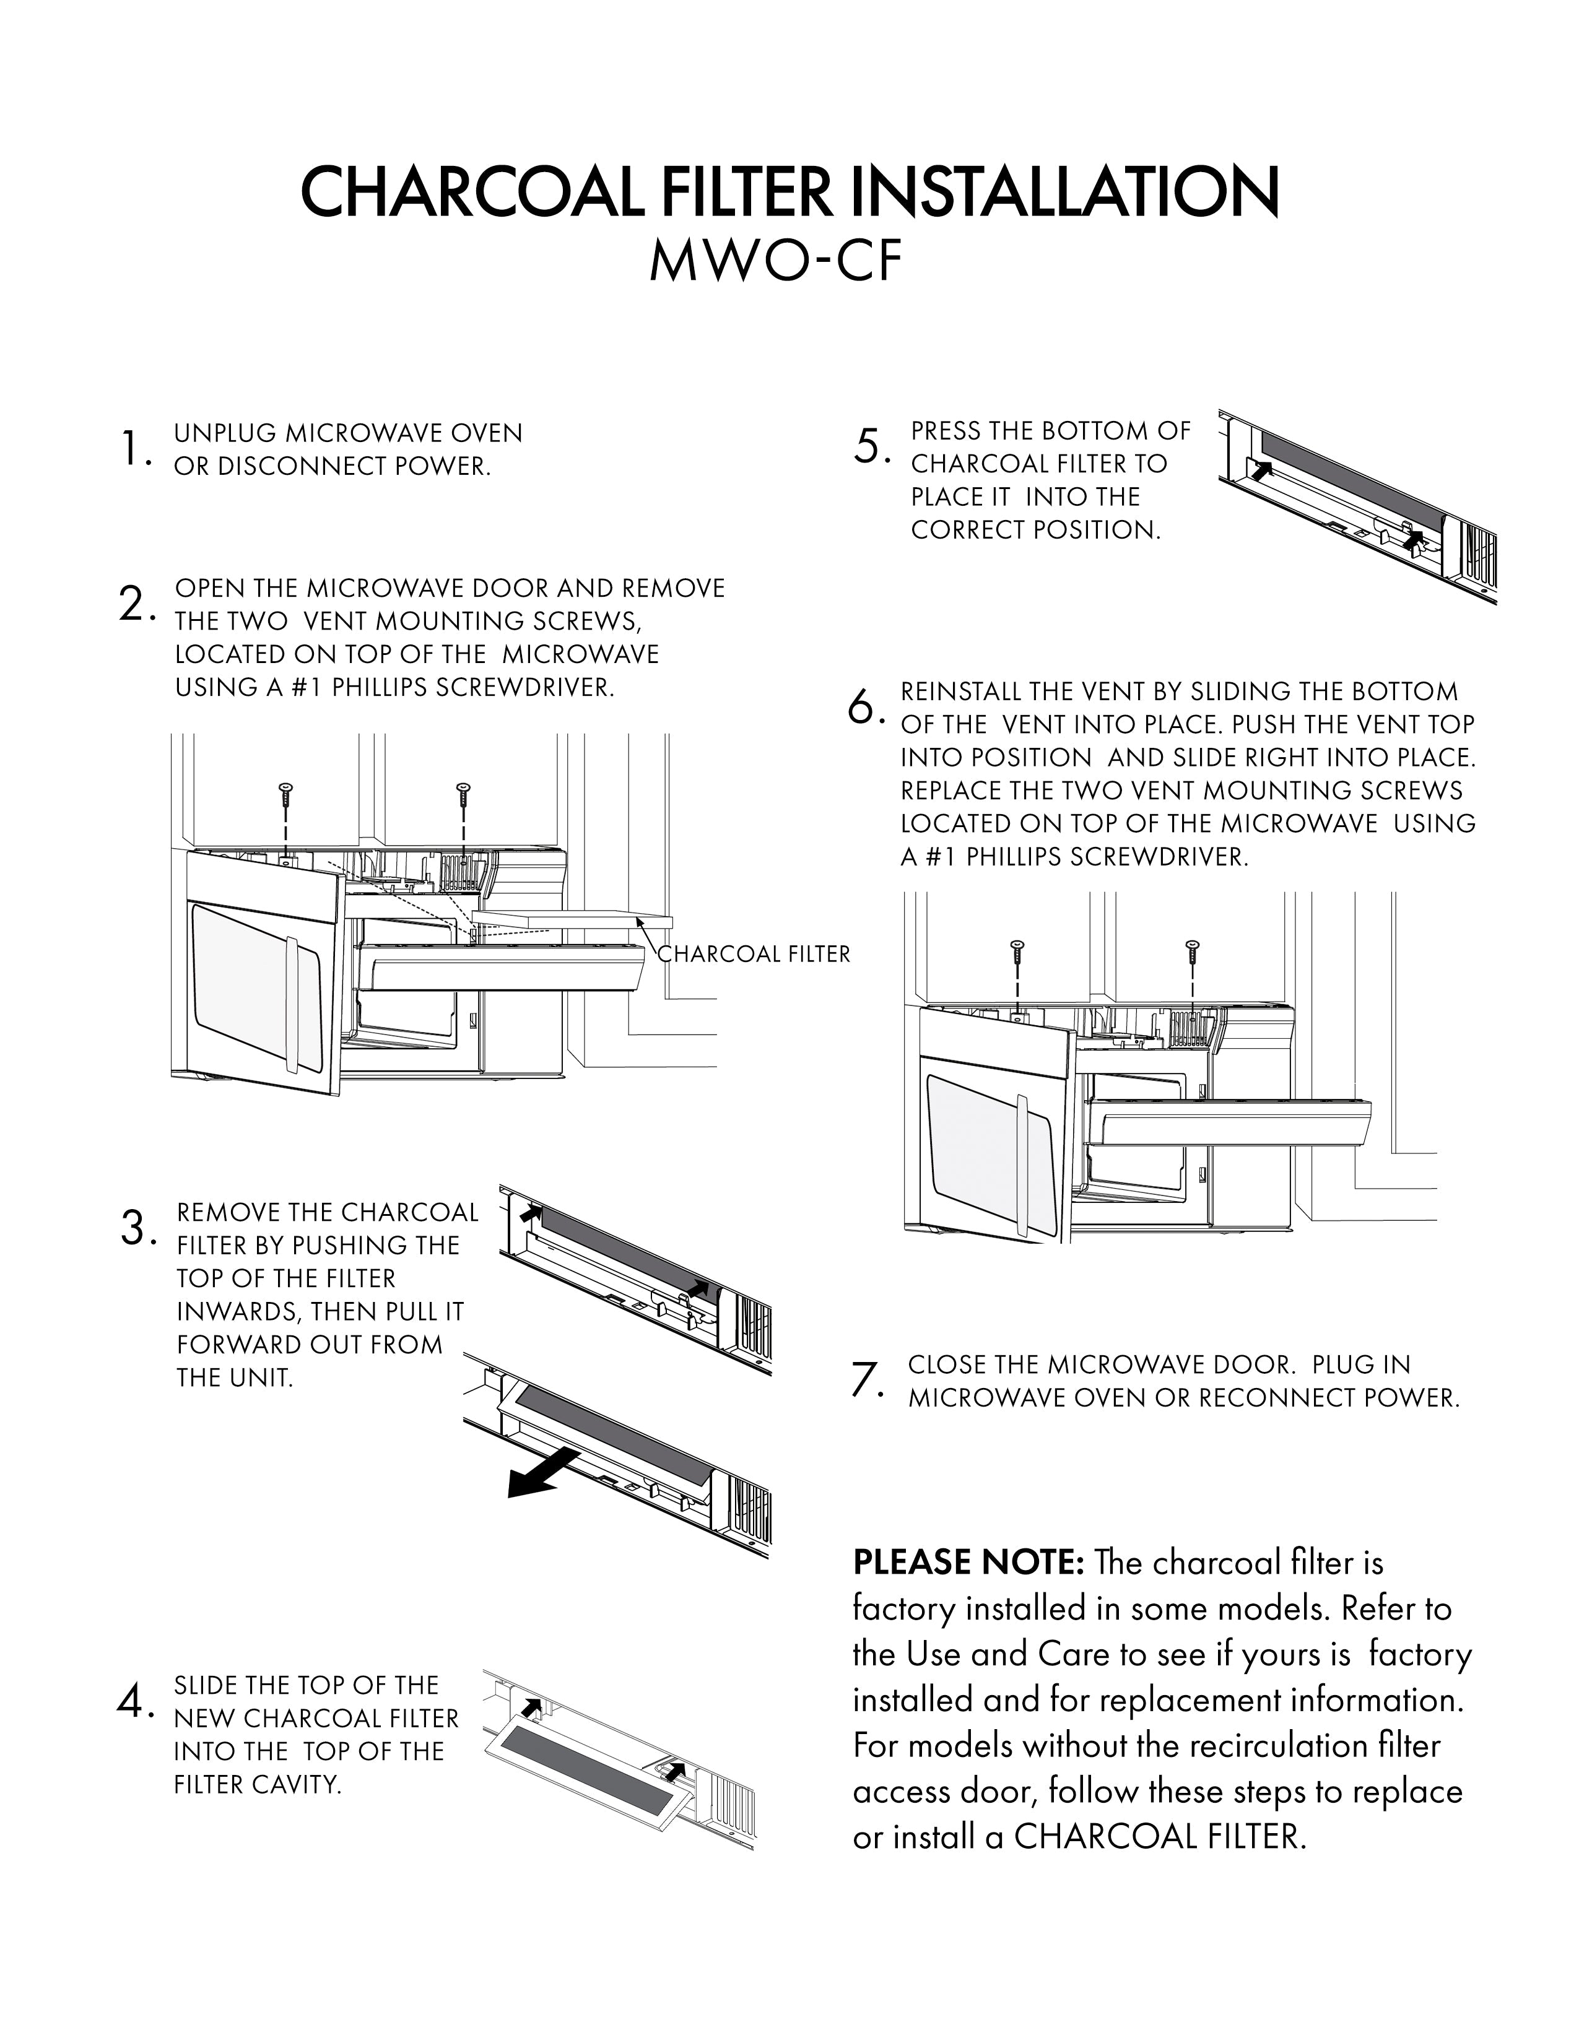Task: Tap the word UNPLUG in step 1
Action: (x=225, y=434)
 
